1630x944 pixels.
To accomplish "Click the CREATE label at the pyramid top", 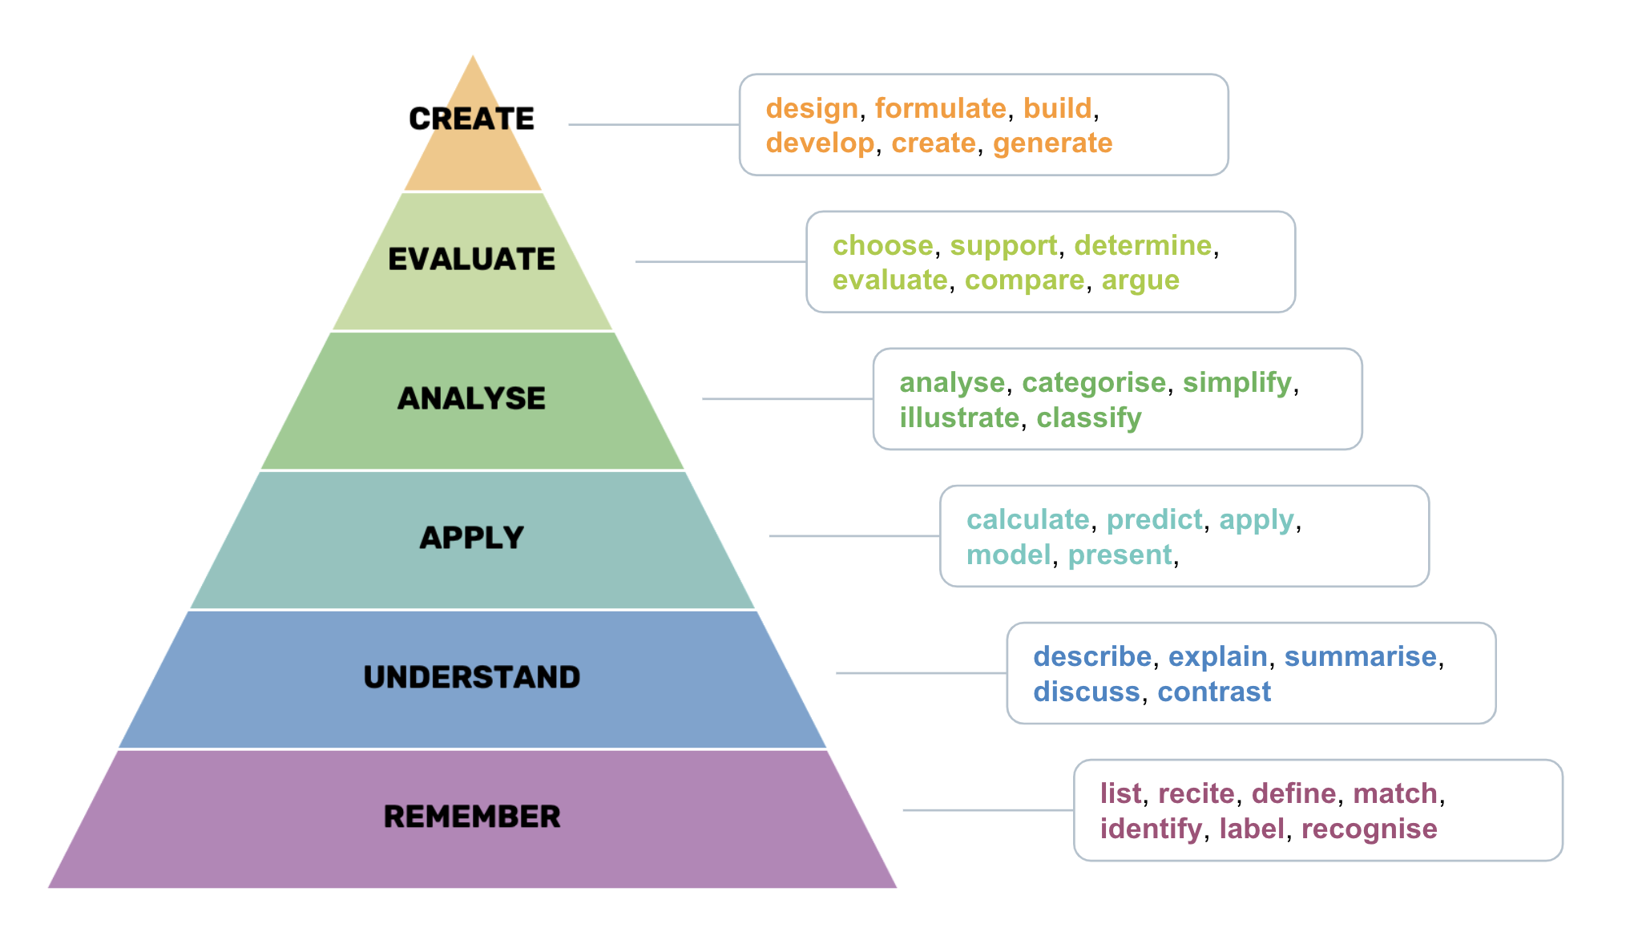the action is point(471,119).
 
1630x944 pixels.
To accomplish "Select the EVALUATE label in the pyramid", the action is point(471,259).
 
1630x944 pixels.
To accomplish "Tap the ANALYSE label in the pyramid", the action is point(471,398).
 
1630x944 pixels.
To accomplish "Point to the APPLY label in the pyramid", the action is point(471,538).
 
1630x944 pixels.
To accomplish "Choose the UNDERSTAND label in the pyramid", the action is point(471,677).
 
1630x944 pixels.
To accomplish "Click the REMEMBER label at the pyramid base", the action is point(471,817).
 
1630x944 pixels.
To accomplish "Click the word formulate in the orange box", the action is point(940,108).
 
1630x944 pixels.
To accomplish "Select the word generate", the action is point(1052,144).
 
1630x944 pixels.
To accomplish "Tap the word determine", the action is point(1143,245).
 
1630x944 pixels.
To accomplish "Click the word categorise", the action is point(1094,383).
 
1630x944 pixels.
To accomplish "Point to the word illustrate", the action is point(959,418).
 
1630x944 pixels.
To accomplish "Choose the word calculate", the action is point(1027,519).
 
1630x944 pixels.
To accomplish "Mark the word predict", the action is point(1154,521).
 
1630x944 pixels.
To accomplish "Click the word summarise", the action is point(1360,656).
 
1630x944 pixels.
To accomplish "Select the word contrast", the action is point(1214,692).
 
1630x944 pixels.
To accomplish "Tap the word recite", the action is point(1196,793).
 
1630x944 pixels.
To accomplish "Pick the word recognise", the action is point(1369,830).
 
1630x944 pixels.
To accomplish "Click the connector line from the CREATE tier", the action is point(654,124).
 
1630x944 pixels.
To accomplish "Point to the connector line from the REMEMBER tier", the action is point(988,810).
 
